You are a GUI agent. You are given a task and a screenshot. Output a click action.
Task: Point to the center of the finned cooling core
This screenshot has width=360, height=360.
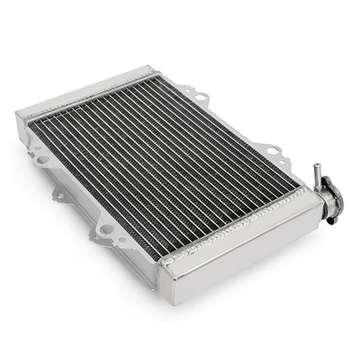pos(163,151)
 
